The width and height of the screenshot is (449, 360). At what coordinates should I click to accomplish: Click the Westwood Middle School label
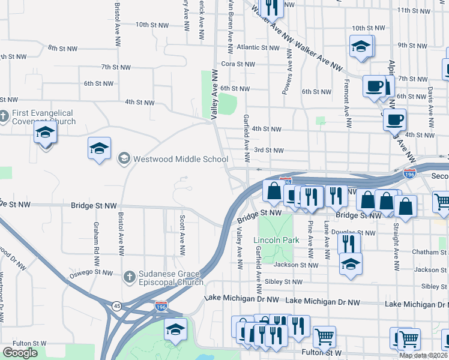pos(181,160)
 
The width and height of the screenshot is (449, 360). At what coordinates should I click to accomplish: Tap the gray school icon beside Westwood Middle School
pos(124,159)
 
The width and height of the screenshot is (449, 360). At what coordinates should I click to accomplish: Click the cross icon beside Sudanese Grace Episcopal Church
pos(128,277)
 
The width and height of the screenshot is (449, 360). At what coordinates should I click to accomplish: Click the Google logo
pos(20,353)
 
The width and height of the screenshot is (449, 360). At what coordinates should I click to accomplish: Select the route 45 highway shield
pos(116,306)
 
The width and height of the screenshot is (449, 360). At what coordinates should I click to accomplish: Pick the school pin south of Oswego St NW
pos(175,329)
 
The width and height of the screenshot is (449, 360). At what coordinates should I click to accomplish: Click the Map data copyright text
pos(424,355)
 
